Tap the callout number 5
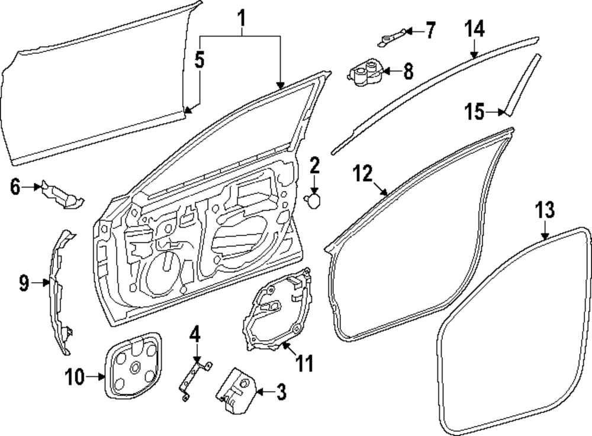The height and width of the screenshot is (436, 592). [200, 60]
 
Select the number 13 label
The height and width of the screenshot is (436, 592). [545, 210]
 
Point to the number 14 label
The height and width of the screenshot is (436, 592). [474, 28]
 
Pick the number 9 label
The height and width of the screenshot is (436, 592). [24, 284]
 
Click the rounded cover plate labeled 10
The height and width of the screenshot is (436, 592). [133, 364]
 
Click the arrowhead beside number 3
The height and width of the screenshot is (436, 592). [258, 391]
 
